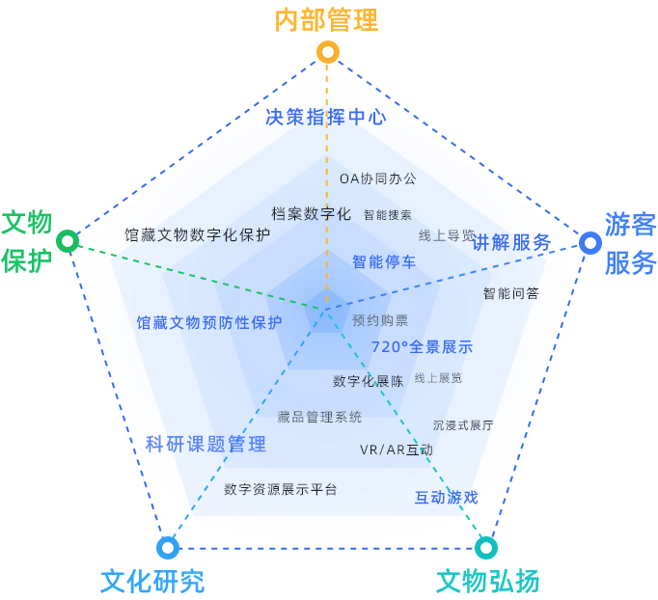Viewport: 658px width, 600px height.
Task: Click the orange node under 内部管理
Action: pos(328,52)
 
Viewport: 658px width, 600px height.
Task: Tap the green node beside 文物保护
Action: pos(67,240)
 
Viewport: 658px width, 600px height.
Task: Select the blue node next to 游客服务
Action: pos(590,242)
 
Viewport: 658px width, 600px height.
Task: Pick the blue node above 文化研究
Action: pos(168,548)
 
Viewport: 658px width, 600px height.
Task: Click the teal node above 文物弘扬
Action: pos(486,548)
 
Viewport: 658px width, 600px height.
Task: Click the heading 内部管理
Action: pos(326,19)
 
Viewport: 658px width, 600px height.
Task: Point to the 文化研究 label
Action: pos(152,582)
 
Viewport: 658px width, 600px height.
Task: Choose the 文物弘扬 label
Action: pos(487,582)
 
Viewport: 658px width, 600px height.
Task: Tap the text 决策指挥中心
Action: pos(325,118)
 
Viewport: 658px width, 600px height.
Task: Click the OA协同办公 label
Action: pos(378,178)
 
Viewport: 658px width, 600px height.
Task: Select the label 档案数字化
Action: pos(311,214)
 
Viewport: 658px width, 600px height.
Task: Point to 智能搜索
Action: pos(388,215)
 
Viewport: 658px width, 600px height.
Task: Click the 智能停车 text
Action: pos(384,261)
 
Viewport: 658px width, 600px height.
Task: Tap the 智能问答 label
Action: pos(511,293)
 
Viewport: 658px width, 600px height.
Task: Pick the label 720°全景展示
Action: pos(422,347)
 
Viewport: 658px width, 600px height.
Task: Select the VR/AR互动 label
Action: pos(396,450)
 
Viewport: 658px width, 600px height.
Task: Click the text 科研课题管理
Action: pos(206,445)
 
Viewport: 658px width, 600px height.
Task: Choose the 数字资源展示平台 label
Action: pos(281,489)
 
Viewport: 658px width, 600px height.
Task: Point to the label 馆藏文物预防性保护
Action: pos(209,323)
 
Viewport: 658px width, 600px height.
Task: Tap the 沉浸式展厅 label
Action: pos(463,424)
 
